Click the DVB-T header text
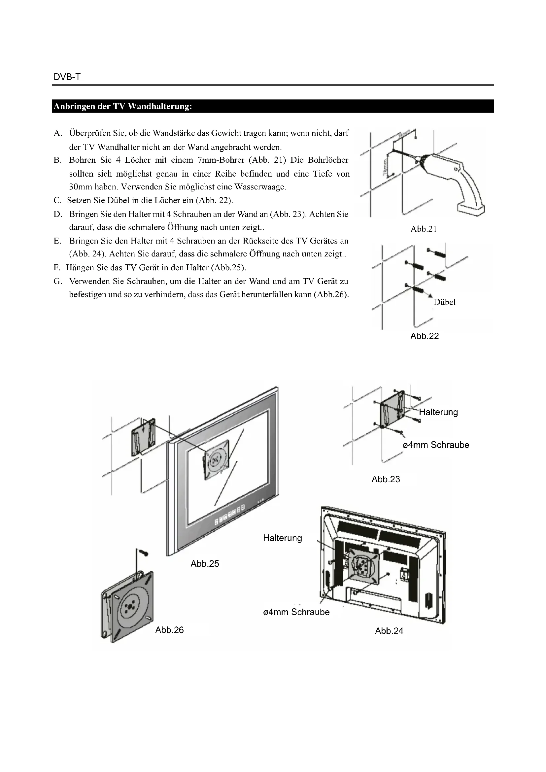67,77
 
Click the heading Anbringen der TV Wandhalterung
123,107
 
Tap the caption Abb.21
423,229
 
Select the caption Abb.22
424,336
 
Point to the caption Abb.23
386,479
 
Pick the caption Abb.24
389,631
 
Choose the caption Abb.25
205,563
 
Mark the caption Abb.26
169,630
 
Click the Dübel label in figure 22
444,302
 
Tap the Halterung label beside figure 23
438,412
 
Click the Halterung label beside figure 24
283,538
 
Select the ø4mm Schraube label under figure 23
436,445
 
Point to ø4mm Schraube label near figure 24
296,612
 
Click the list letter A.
57,133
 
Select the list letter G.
57,281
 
